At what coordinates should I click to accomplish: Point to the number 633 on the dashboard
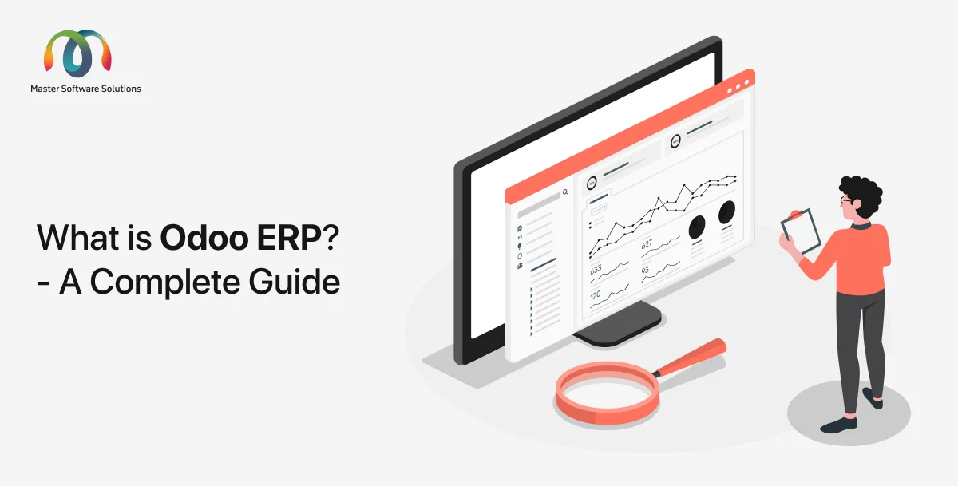coord(596,270)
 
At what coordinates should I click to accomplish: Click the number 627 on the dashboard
coord(647,243)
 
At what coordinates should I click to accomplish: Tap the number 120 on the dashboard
coord(596,295)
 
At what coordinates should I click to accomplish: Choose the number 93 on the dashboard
coord(645,270)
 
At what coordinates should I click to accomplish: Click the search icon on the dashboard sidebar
coord(565,192)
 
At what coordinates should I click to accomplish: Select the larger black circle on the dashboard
coord(726,212)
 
